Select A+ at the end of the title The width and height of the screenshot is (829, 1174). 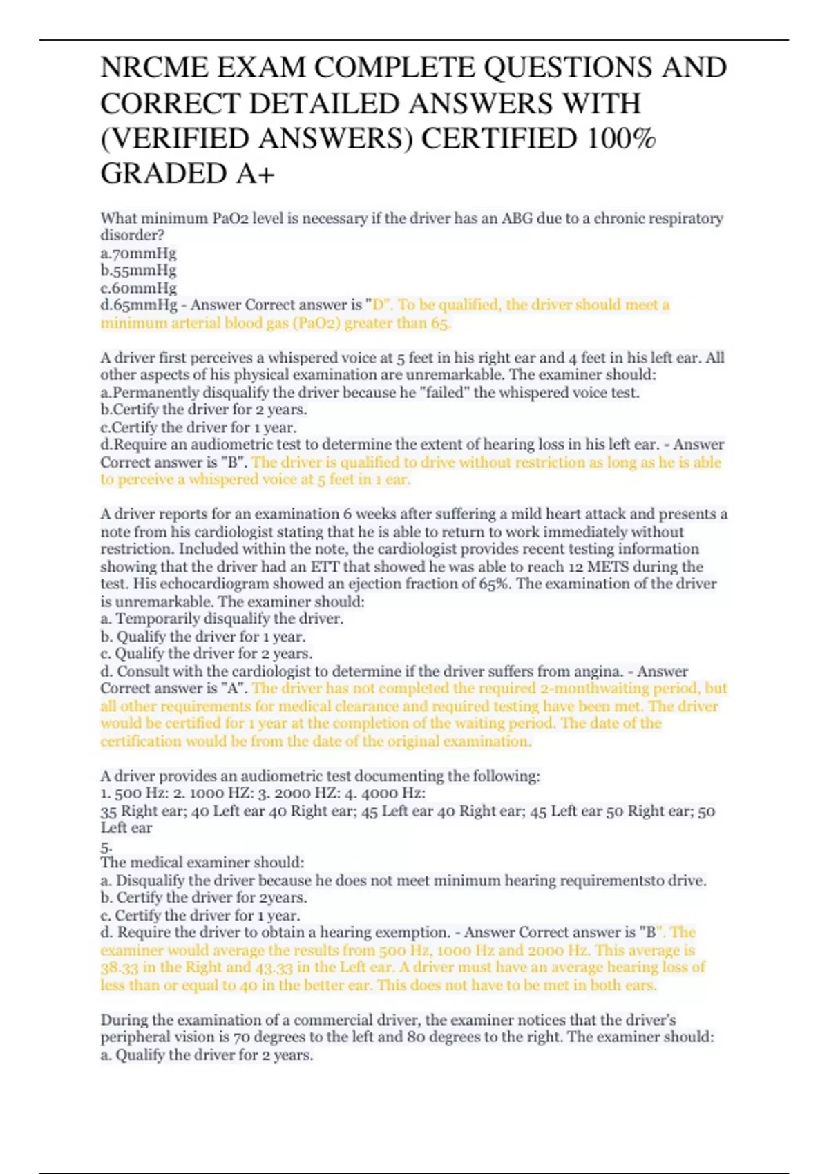(256, 174)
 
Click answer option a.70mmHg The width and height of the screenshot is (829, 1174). (138, 253)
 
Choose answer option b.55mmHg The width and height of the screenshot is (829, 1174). (138, 270)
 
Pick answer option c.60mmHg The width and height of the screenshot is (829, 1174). (138, 287)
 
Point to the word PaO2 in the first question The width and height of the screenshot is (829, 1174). (230, 218)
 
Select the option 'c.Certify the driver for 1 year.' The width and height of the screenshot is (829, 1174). (198, 427)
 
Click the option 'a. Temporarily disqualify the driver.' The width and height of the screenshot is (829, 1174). (222, 618)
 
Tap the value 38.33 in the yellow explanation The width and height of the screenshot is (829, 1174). (119, 967)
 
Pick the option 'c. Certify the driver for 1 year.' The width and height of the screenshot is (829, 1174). (200, 915)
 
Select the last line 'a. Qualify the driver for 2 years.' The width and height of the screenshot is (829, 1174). (207, 1055)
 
